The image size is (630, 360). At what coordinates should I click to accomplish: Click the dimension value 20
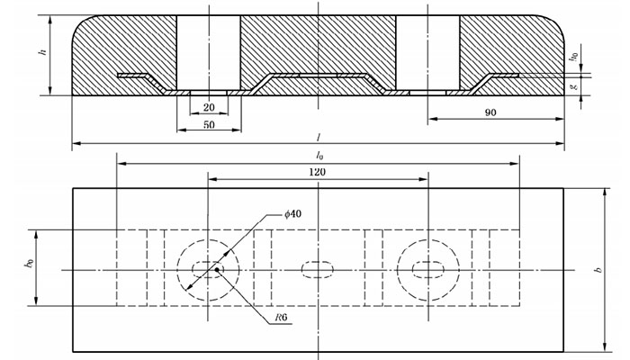209,108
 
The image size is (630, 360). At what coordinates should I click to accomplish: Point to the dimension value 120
317,172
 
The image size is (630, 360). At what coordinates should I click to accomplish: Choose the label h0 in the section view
573,57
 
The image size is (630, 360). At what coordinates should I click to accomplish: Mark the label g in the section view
573,86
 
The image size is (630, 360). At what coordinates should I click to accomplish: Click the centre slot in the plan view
317,269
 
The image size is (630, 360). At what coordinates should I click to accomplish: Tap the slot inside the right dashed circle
427,269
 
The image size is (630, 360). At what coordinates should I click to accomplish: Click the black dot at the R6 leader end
216,267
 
